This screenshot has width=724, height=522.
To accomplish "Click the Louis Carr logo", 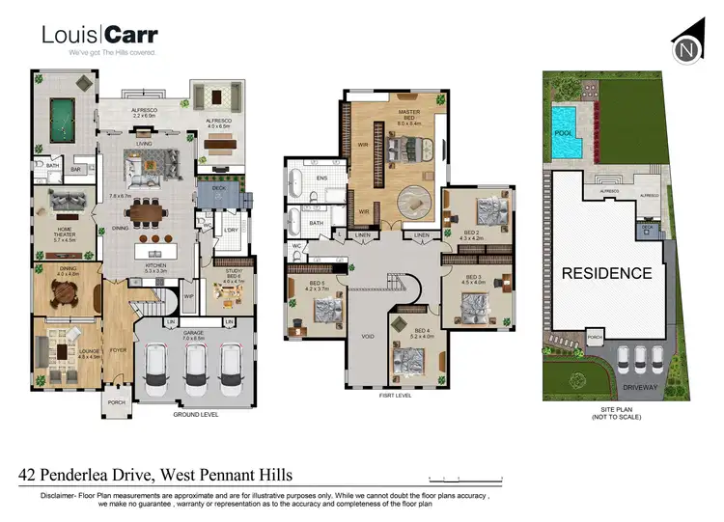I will pos(99,37).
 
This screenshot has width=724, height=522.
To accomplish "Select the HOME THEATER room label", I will pos(66,233).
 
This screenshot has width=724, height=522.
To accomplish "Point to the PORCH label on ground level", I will pos(118,402).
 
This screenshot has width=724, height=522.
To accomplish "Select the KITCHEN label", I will pos(155,264).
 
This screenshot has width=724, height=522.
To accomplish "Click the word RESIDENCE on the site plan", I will pos(607,273).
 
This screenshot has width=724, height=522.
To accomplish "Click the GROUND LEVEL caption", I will pos(197,414).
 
